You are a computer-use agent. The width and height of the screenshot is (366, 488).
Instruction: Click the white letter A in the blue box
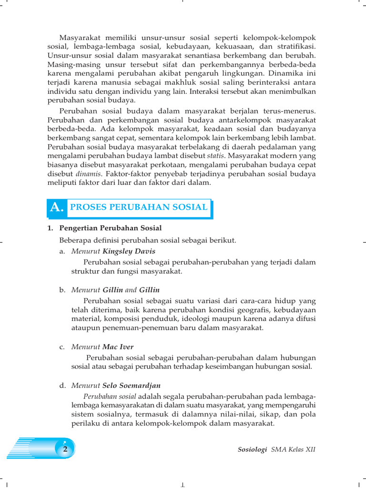57,207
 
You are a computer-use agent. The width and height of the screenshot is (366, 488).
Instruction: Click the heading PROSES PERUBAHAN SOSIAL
139,207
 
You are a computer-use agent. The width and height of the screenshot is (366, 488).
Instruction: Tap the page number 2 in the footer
65,449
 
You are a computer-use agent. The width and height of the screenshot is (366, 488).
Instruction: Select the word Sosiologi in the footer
252,449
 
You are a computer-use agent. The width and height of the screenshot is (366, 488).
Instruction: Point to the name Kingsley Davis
129,251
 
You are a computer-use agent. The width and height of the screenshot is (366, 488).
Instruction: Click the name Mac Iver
118,347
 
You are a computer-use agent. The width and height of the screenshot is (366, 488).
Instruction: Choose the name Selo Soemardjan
132,385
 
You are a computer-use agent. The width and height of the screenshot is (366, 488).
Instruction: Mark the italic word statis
215,155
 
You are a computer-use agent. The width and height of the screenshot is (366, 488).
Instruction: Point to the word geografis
252,310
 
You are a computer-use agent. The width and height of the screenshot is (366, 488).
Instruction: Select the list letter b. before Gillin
62,290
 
